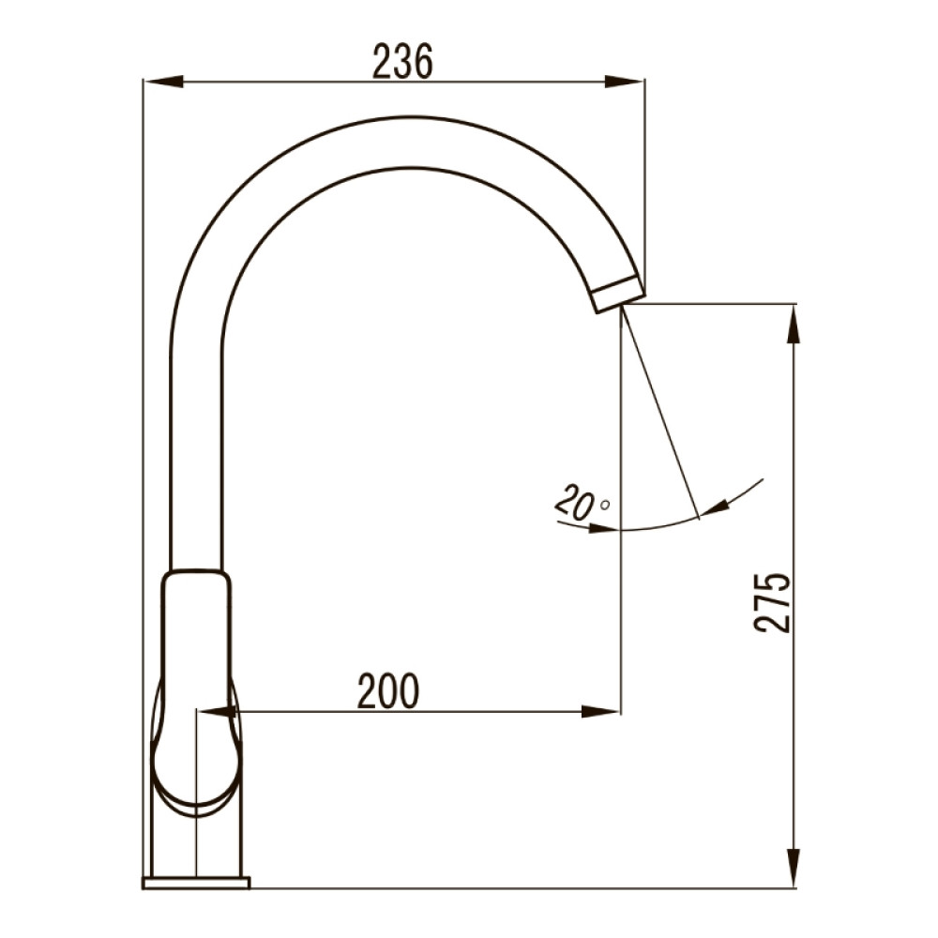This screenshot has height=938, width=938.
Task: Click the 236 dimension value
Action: click(402, 62)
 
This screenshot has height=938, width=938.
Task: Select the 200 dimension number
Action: click(388, 691)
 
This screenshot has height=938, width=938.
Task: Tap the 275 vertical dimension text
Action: click(772, 602)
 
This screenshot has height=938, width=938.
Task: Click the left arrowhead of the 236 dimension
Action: click(162, 81)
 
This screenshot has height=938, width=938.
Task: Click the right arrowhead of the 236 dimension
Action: click(625, 81)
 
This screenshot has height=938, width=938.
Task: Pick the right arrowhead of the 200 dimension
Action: click(600, 711)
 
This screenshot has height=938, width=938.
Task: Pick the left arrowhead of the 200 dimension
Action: click(218, 711)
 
